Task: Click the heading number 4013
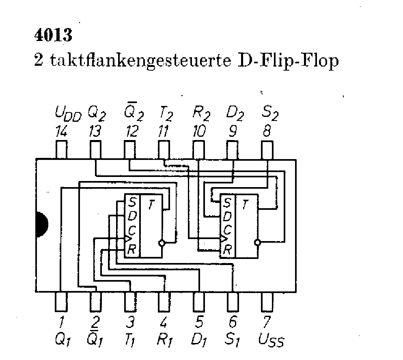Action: point(52,36)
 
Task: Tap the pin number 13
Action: point(96,131)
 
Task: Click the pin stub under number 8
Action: point(267,150)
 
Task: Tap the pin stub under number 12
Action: point(129,150)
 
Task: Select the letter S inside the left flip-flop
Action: point(132,202)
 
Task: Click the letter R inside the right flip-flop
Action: point(227,250)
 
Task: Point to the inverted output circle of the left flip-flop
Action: point(162,244)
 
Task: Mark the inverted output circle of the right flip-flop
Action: point(257,243)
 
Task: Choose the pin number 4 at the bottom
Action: point(164,323)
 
